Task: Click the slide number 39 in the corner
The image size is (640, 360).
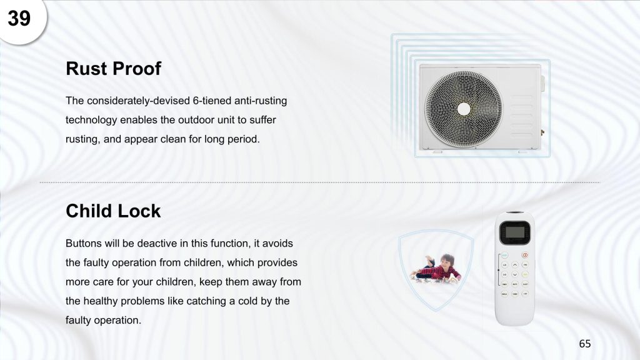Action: (x=19, y=18)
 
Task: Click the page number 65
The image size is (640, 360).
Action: (x=585, y=344)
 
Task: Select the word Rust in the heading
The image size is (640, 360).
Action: (x=86, y=69)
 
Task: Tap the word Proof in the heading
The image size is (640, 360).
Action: (x=137, y=69)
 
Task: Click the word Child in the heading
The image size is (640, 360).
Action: (x=89, y=211)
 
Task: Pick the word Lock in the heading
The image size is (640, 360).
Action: (x=139, y=211)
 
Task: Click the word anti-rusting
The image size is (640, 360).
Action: (x=261, y=101)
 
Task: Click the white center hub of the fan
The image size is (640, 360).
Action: (x=464, y=109)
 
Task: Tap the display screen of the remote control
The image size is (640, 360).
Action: (x=515, y=232)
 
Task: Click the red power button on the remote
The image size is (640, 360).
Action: (x=525, y=255)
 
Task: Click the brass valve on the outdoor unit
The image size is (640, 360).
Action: (x=542, y=132)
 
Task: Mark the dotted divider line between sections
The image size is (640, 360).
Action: (x=320, y=182)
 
